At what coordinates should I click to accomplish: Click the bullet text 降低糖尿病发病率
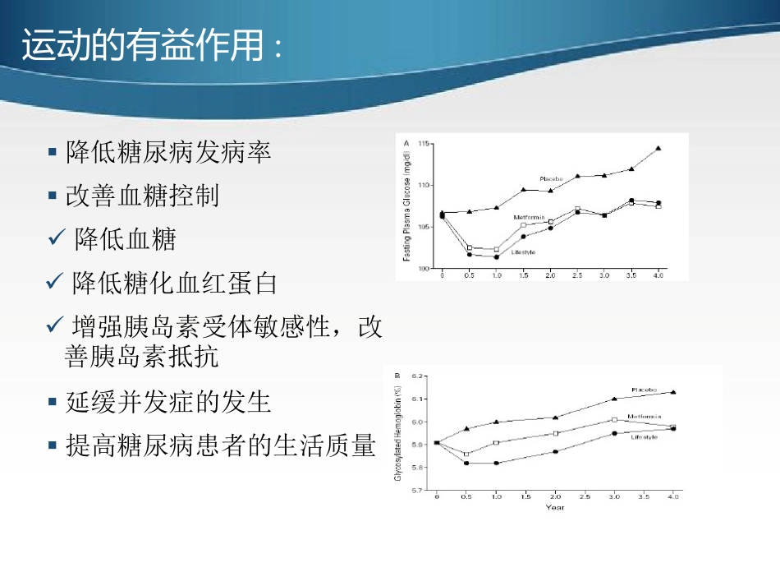point(168,153)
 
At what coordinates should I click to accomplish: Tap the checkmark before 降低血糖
point(57,239)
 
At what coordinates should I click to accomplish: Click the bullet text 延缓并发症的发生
point(168,403)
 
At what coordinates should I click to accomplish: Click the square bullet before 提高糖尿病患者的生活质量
point(52,446)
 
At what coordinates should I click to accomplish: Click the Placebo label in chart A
point(551,178)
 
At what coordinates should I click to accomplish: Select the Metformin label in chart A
point(530,217)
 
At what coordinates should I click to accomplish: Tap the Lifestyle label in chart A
point(523,252)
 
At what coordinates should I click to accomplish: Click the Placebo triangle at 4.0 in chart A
point(658,149)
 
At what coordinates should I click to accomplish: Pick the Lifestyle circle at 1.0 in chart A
point(496,257)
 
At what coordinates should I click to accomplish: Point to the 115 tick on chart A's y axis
point(424,144)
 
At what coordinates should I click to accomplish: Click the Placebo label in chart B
point(645,390)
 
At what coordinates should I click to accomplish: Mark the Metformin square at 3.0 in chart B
point(614,420)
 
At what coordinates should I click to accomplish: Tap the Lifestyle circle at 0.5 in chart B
point(466,463)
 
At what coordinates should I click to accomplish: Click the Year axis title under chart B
point(555,507)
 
